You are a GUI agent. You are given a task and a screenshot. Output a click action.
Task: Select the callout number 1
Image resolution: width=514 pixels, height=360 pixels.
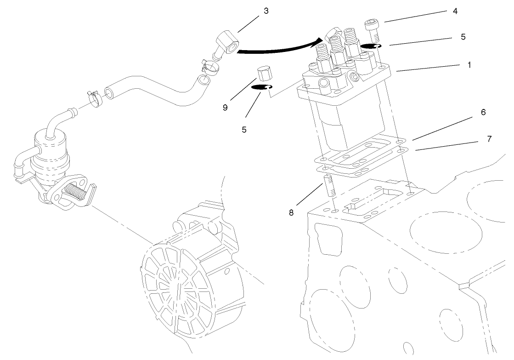point(469,65)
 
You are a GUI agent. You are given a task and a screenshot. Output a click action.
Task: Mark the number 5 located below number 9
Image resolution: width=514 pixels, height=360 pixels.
point(244,130)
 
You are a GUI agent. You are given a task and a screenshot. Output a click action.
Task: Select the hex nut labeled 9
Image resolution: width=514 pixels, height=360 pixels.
point(264,73)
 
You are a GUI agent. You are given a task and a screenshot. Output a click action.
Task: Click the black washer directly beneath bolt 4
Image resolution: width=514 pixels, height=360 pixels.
point(372,46)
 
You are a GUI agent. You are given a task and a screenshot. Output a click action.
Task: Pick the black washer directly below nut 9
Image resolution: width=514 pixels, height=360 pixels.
point(262,89)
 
